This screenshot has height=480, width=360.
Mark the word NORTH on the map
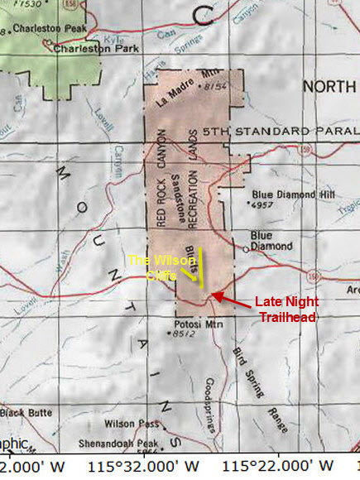point(329,87)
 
